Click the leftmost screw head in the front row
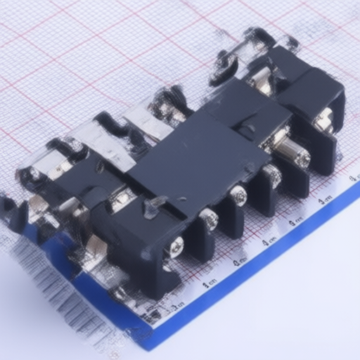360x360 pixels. click(175, 246)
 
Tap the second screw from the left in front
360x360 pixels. click(208, 219)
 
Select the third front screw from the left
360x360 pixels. click(239, 195)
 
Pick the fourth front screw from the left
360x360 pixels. click(271, 175)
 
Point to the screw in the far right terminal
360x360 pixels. click(325, 121)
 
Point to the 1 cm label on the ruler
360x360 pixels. click(208, 283)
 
